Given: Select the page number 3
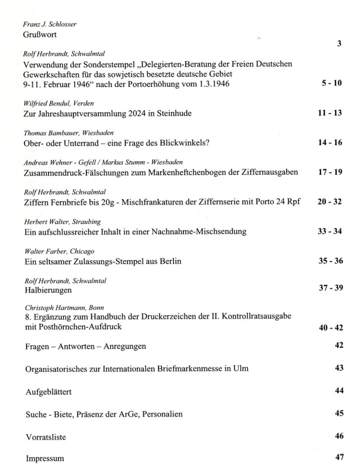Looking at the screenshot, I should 339,43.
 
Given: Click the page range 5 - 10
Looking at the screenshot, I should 331,83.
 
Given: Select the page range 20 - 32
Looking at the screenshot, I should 330,201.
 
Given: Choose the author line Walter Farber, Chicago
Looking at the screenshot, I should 53,252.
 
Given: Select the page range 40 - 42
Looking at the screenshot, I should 330,328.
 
